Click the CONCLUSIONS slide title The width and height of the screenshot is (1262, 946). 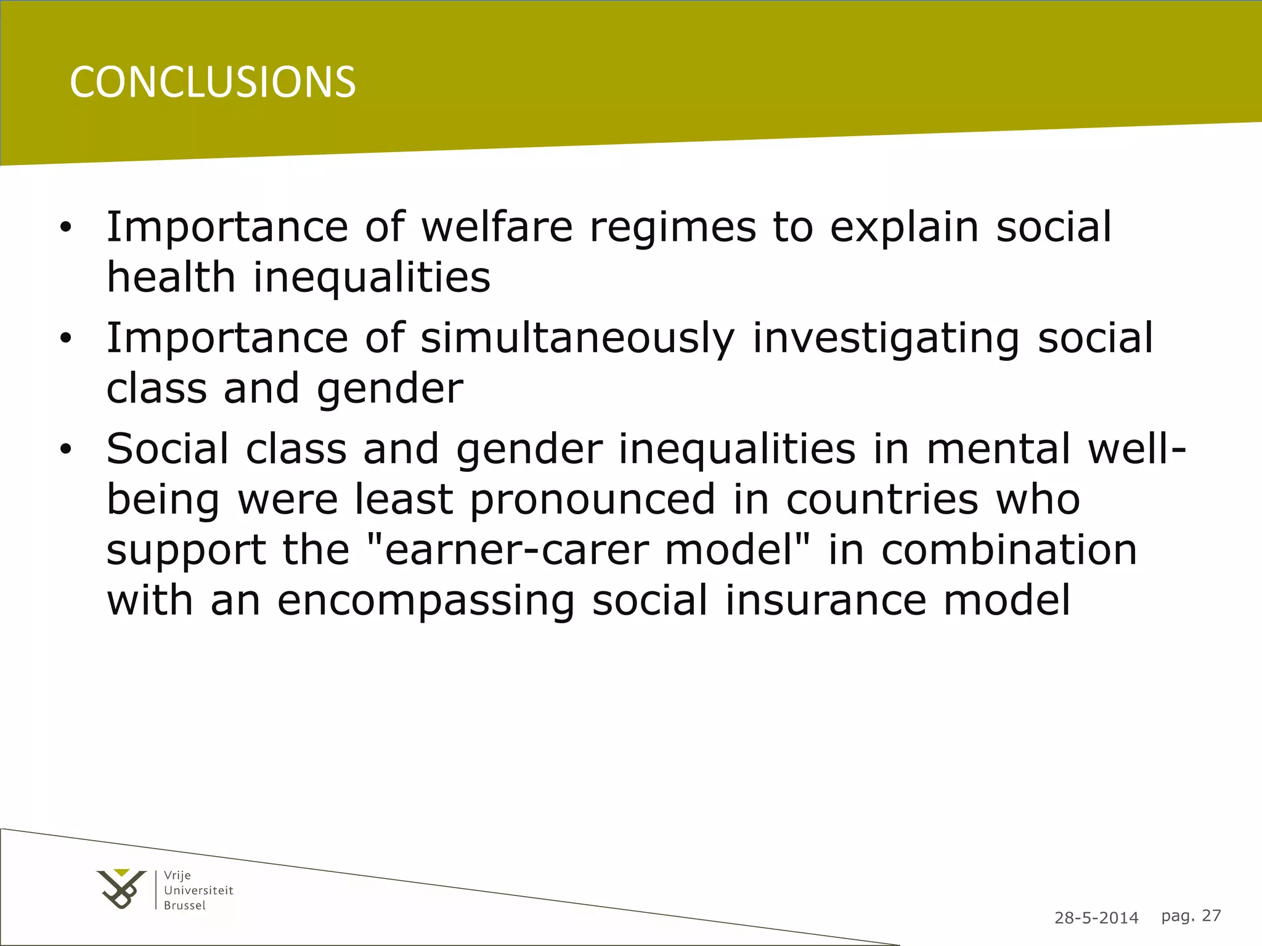coord(213,82)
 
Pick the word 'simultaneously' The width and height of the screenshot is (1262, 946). coord(577,339)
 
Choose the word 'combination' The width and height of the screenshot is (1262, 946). coord(1009,549)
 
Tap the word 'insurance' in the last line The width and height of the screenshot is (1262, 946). coord(826,600)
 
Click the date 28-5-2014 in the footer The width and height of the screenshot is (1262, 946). coord(1096,918)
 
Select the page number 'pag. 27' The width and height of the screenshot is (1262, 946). coord(1191,916)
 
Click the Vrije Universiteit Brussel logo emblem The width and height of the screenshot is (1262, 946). coord(121,889)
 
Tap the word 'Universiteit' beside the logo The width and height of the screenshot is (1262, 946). coord(198,890)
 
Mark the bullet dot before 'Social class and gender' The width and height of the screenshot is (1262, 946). coord(66,450)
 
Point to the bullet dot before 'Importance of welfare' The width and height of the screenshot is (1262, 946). coord(66,228)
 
